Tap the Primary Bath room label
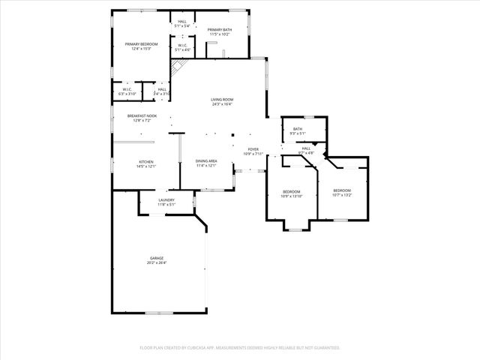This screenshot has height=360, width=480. point(219,30)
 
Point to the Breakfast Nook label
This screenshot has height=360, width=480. point(142,115)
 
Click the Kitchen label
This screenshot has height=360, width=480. point(145,162)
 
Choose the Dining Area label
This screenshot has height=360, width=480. point(206,161)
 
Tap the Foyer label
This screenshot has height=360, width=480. point(253,149)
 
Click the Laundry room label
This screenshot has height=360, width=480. point(166,200)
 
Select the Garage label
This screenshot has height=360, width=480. point(156,258)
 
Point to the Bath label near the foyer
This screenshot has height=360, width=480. point(297,130)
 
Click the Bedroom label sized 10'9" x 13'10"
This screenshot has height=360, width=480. point(292,192)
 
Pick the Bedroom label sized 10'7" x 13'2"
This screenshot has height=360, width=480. point(342,190)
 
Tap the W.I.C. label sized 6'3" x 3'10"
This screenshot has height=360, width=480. point(127,89)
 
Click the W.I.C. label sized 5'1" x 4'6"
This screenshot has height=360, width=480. point(182,46)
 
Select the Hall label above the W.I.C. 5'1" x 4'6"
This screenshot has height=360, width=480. point(182,22)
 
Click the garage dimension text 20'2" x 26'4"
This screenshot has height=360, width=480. point(156,262)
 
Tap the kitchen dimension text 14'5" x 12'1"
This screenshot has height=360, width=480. point(145,166)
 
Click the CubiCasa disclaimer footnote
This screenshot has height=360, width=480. point(240,348)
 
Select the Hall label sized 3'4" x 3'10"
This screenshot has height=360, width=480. point(162,89)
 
